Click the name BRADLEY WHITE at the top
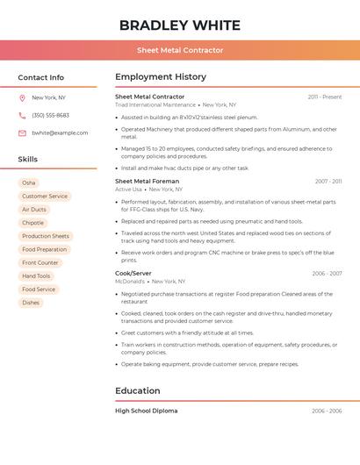179,25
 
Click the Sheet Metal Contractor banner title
179,51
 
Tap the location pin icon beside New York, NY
22,97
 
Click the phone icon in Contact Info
22,115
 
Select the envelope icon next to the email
22,132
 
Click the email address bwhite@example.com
60,132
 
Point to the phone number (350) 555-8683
50,115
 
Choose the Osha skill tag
29,182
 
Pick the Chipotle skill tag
32,223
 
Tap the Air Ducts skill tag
33,210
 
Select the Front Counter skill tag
40,262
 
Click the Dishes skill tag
31,303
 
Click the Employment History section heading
161,77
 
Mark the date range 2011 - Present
324,97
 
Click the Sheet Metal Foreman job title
147,181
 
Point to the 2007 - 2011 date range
328,182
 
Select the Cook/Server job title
133,273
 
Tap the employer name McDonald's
130,282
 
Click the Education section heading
138,390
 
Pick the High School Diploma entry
146,411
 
